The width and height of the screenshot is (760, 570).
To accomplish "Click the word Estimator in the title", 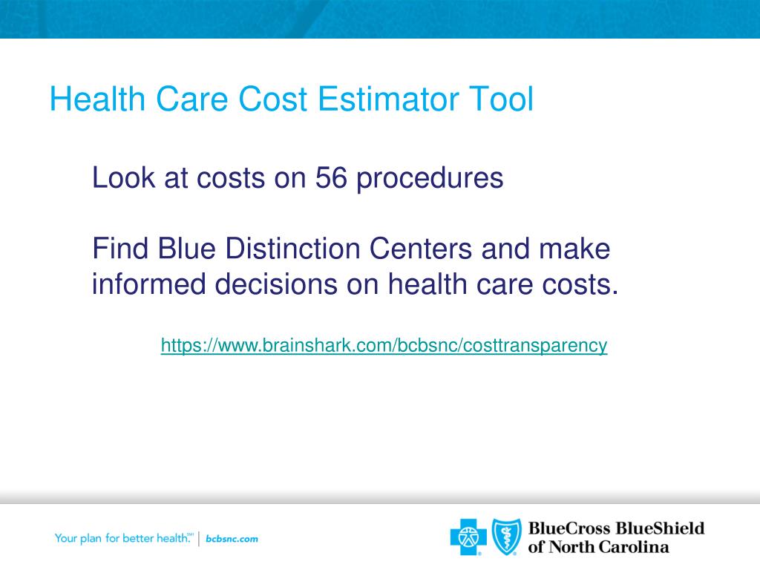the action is click(387, 99).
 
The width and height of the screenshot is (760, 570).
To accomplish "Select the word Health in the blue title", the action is click(97, 99).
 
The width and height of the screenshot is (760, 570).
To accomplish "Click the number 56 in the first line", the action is click(331, 177).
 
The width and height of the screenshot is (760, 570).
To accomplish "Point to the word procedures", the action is click(430, 179).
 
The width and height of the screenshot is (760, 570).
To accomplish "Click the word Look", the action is click(123, 177).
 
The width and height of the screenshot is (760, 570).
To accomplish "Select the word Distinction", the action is click(292, 249).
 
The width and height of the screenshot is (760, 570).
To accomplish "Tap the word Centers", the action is click(421, 249).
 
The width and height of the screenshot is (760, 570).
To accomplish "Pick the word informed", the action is click(148, 284).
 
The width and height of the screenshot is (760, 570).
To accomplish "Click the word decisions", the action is click(276, 284).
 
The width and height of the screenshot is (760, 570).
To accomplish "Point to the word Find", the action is click(120, 249).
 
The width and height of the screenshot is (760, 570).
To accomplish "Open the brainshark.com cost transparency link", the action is click(384, 346).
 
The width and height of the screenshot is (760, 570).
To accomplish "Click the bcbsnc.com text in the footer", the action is click(232, 539).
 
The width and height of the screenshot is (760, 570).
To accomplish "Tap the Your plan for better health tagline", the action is click(124, 538).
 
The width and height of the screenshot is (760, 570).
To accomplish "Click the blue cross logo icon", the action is click(468, 537).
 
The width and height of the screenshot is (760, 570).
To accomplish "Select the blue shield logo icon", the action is click(507, 537).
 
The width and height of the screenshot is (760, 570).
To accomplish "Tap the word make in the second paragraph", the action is click(574, 249).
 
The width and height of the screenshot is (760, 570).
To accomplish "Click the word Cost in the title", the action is click(272, 99).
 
